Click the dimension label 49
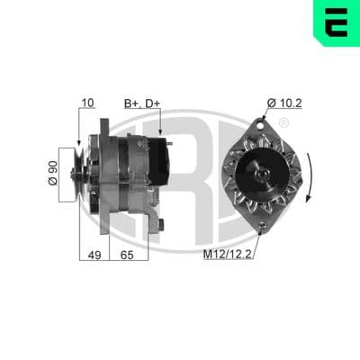[94, 256]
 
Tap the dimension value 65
[127, 256]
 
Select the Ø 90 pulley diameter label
[53, 173]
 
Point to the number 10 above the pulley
[88, 103]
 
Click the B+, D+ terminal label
[142, 103]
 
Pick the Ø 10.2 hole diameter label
[284, 103]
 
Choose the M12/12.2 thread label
[227, 255]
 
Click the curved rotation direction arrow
[310, 177]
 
